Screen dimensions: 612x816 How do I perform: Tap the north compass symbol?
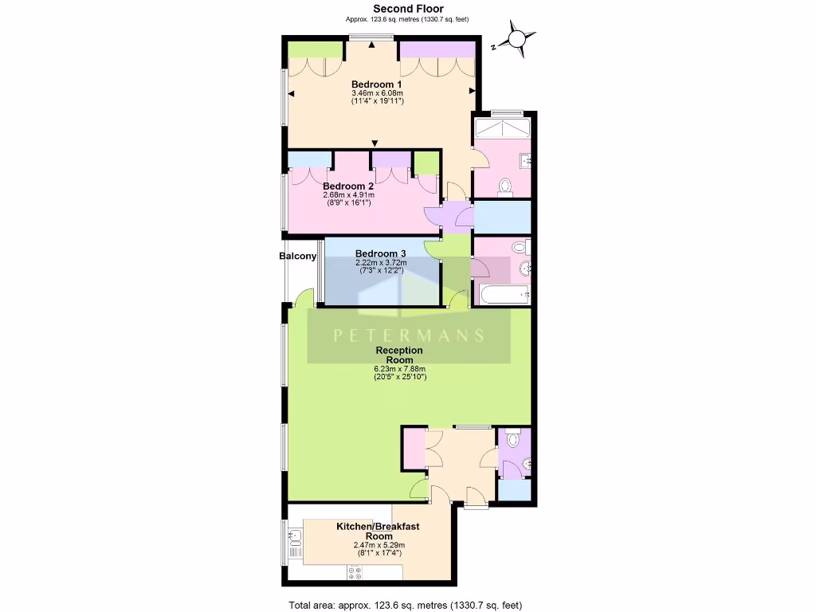tap(517, 39)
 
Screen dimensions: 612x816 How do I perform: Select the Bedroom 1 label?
tap(376, 84)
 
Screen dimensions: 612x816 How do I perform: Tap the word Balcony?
tap(297, 257)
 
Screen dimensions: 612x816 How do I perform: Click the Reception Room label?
tap(399, 355)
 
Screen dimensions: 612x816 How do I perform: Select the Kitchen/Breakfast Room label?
tap(377, 532)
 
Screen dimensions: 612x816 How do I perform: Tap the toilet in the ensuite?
tap(504, 187)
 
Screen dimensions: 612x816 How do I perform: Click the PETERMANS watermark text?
tap(408, 335)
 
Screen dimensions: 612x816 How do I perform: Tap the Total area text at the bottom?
tap(404, 605)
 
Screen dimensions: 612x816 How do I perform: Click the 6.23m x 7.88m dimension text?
tap(399, 368)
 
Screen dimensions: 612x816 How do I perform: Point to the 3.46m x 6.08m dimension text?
tap(378, 93)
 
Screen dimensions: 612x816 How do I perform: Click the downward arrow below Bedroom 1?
tap(375, 143)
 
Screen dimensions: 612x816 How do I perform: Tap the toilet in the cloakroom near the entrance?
tap(512, 440)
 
